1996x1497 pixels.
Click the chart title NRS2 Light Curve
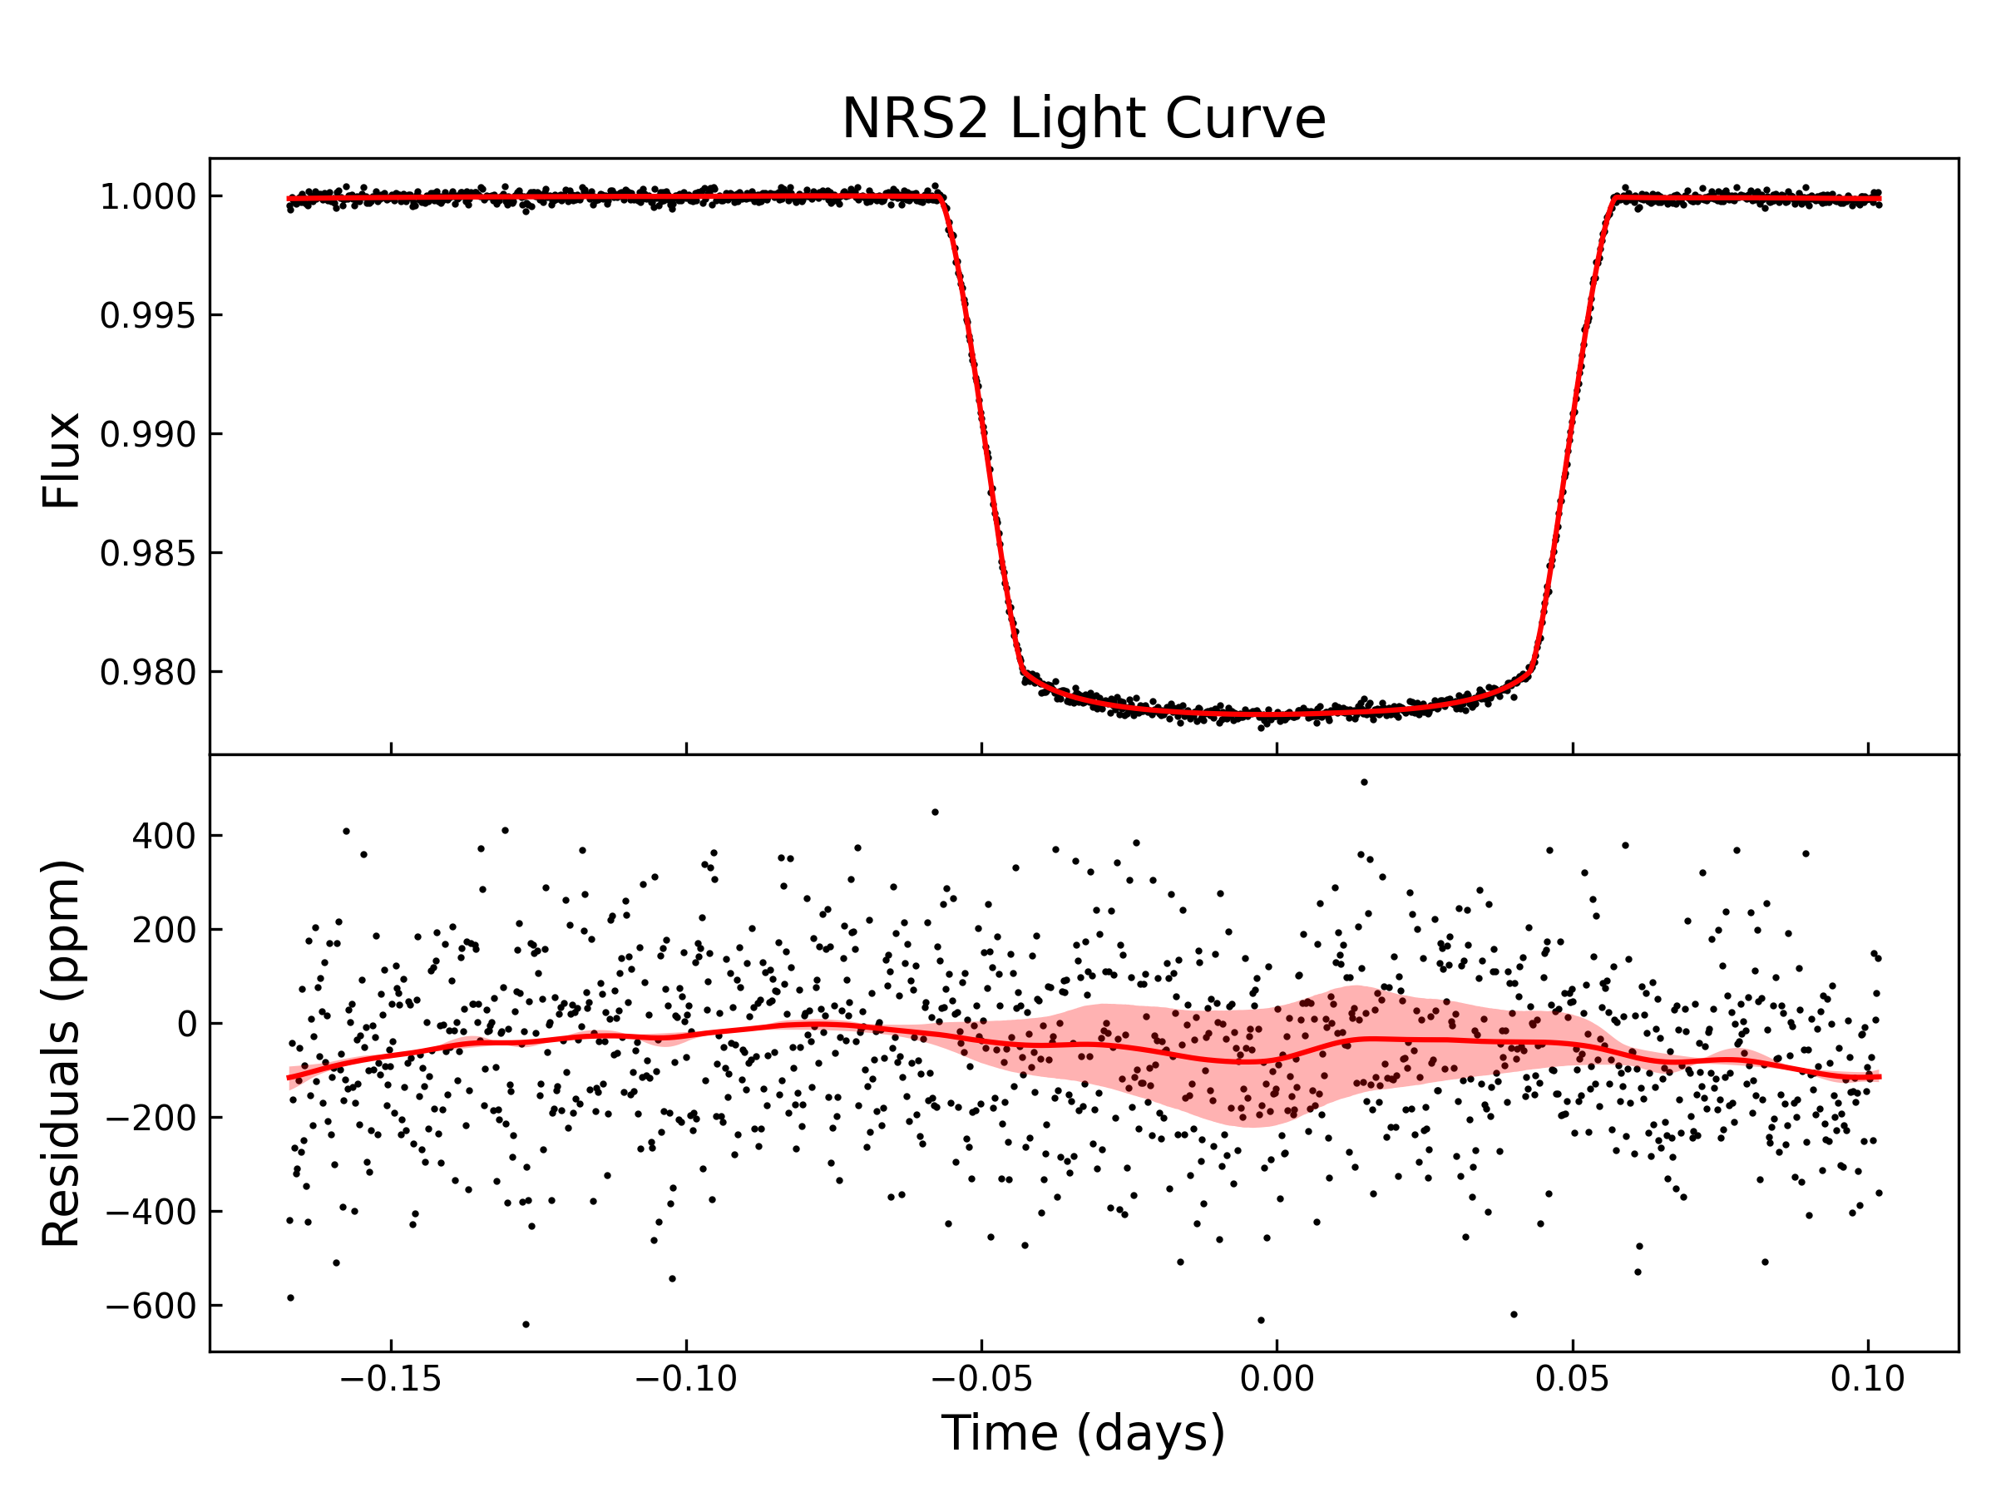coord(1083,119)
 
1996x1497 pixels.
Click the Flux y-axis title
coord(62,461)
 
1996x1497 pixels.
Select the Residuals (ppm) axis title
coord(62,1052)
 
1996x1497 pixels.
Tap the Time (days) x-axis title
coord(1083,1432)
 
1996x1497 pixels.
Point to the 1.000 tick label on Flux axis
coord(147,197)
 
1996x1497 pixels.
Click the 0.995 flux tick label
coord(147,316)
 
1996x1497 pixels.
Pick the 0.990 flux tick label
coord(147,435)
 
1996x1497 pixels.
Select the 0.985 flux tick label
coord(147,553)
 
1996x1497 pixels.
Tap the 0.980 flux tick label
coord(147,672)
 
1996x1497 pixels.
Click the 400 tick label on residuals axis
coord(163,837)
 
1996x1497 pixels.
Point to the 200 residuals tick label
coord(163,931)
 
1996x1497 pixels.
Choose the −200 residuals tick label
coord(151,1118)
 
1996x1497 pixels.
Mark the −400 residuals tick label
coord(151,1212)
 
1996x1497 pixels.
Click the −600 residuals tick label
coord(151,1306)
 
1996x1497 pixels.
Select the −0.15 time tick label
coord(390,1379)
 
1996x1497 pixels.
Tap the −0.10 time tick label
coord(686,1379)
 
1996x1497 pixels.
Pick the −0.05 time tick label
coord(981,1379)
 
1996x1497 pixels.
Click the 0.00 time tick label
coord(1277,1379)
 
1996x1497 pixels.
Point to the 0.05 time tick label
coord(1572,1379)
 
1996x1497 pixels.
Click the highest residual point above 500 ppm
coord(1363,783)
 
